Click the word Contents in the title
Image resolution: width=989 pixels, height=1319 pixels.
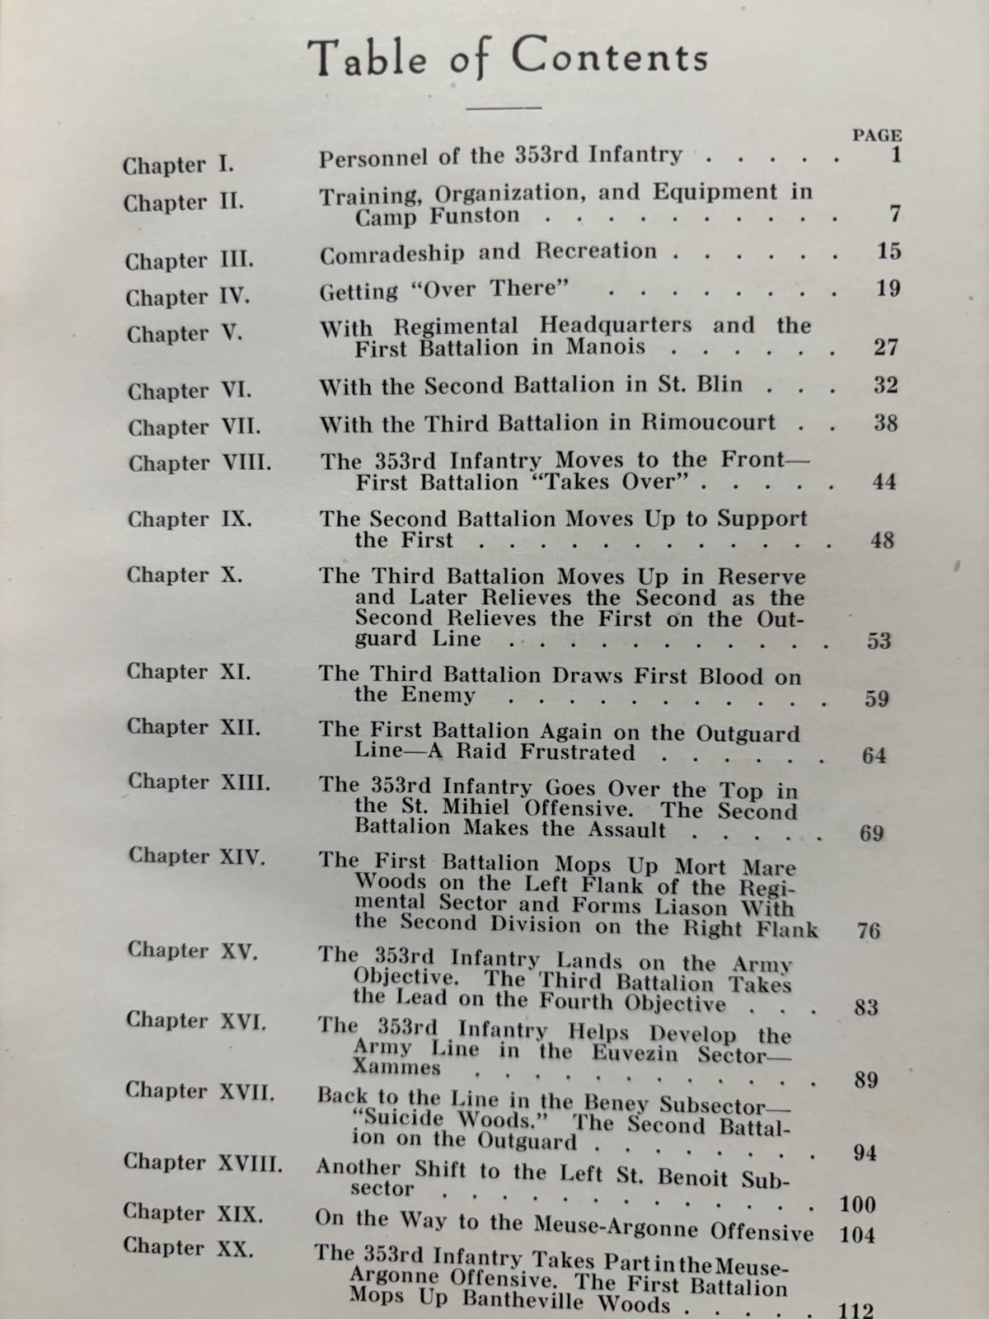pyautogui.click(x=609, y=58)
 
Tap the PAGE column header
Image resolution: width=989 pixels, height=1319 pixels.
pyautogui.click(x=876, y=135)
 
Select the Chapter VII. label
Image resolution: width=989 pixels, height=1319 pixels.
pyautogui.click(x=195, y=427)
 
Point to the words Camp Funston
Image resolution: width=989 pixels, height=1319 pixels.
pyautogui.click(x=438, y=217)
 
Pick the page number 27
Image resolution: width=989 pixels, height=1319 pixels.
pyautogui.click(x=885, y=347)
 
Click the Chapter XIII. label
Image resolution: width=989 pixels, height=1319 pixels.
pyautogui.click(x=199, y=782)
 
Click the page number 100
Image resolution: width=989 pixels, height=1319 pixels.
pyautogui.click(x=857, y=1204)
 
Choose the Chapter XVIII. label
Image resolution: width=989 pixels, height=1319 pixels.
pyautogui.click(x=203, y=1162)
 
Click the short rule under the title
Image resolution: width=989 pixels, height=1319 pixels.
pyautogui.click(x=504, y=107)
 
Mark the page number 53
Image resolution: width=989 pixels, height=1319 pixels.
pyautogui.click(x=879, y=641)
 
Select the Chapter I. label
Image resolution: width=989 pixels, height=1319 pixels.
pyautogui.click(x=179, y=165)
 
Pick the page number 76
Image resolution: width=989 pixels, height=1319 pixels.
pyautogui.click(x=868, y=931)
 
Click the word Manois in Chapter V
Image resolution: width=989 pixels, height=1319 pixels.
pyautogui.click(x=606, y=347)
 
